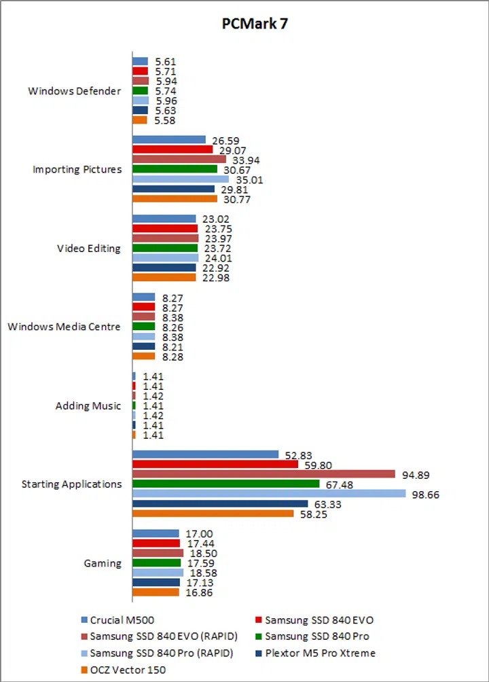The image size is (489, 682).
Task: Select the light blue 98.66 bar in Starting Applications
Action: coord(269,494)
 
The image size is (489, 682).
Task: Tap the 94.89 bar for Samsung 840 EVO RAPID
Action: coord(264,474)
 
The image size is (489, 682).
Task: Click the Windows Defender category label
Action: coord(75,90)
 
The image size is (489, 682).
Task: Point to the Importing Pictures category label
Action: coord(77,169)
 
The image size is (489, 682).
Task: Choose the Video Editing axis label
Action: coord(88,248)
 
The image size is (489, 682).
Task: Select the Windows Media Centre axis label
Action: coord(65,327)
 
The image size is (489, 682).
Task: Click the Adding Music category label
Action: coord(88,406)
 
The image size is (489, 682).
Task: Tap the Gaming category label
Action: coord(103,563)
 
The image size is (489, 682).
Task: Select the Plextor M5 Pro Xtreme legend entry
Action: coord(320,653)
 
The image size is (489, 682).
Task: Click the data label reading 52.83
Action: coord(296,454)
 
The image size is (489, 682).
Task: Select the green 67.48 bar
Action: coord(225,484)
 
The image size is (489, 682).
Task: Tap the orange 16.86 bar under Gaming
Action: coord(156,592)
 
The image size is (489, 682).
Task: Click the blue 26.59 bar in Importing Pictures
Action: coord(168,140)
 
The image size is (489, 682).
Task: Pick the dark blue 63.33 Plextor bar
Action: coord(220,503)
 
